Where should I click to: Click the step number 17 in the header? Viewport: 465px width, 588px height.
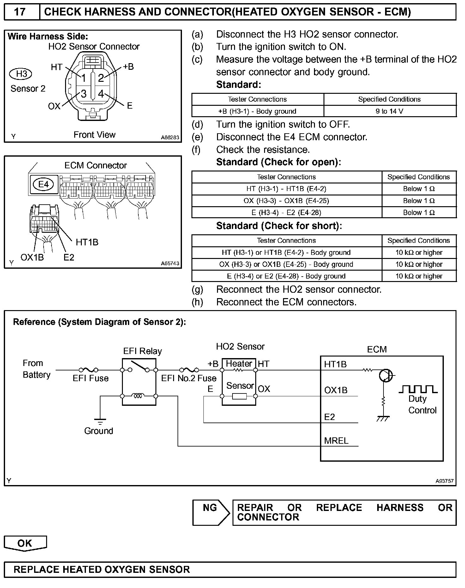20,12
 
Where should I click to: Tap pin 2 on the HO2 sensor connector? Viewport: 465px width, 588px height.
101,78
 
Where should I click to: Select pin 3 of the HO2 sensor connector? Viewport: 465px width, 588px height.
84,93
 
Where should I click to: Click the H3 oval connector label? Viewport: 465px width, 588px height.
21,74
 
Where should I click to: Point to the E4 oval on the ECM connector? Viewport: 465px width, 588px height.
44,184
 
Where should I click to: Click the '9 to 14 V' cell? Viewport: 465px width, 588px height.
390,111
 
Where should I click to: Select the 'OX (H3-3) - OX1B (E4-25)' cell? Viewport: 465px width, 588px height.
287,201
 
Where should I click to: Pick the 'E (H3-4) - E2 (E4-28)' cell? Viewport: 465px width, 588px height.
287,213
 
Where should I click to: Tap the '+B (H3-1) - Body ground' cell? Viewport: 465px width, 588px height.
257,111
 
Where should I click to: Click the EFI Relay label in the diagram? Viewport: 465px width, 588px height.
142,351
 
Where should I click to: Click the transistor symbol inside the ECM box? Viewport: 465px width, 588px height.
386,375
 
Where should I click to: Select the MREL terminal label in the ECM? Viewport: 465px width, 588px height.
336,441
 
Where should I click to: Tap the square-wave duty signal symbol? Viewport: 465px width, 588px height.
418,389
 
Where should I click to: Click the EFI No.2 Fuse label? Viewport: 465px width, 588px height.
189,378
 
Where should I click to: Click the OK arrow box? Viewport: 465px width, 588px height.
25,543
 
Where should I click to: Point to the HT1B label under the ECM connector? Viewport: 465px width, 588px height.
87,242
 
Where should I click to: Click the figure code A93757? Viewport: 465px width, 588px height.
444,481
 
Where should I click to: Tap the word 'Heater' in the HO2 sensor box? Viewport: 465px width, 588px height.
239,363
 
